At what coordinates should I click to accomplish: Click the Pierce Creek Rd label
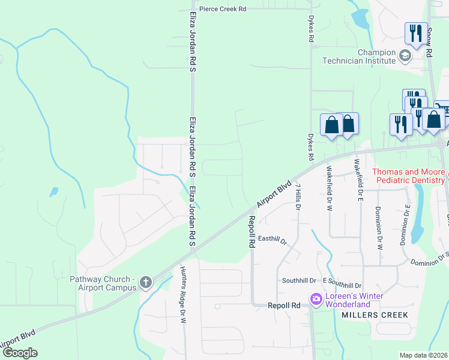pyautogui.click(x=222, y=10)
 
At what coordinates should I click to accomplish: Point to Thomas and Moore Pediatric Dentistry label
pyautogui.click(x=409, y=175)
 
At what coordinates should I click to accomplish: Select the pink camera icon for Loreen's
pyautogui.click(x=315, y=298)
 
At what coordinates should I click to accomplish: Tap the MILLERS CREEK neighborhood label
pyautogui.click(x=375, y=315)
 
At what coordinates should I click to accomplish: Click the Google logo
pyautogui.click(x=20, y=353)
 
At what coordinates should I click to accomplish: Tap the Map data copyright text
pyautogui.click(x=423, y=355)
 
